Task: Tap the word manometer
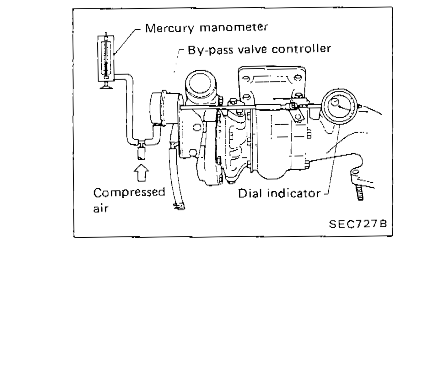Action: tap(234, 27)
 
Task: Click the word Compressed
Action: tap(129, 192)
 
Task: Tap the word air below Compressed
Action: tap(100, 208)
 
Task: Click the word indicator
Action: tap(294, 193)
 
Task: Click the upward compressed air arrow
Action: tap(141, 174)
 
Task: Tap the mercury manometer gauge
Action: tap(106, 58)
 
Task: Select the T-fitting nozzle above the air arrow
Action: tap(141, 151)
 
